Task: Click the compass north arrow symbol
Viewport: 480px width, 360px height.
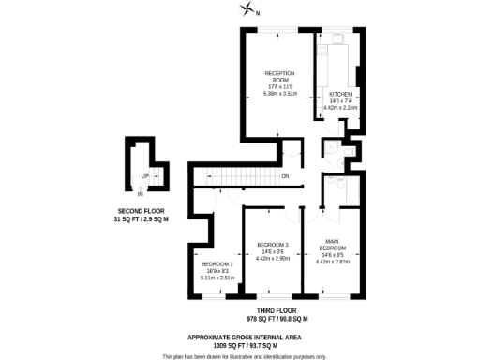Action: [247, 9]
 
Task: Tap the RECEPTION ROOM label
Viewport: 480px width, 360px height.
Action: [279, 76]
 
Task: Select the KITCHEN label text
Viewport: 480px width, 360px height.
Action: [339, 95]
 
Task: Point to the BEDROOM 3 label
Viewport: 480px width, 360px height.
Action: [272, 245]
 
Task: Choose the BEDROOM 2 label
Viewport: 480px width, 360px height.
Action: [216, 264]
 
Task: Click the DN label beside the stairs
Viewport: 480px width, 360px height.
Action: [285, 176]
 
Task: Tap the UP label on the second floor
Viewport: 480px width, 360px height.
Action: [144, 175]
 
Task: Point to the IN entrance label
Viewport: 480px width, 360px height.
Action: [140, 194]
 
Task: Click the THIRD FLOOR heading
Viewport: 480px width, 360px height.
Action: [277, 310]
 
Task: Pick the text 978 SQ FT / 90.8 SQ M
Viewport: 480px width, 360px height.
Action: [277, 319]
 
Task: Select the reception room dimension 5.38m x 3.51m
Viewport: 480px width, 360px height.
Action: [279, 93]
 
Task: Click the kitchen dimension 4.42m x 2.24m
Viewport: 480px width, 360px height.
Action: [340, 108]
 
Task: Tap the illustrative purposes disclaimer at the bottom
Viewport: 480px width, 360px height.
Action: [243, 356]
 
